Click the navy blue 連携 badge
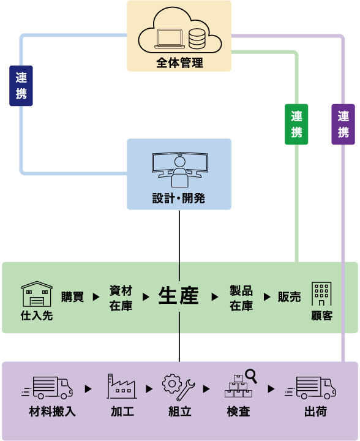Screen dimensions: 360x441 click(x=21, y=86)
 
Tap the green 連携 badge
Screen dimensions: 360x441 click(x=296, y=124)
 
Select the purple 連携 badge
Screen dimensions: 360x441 click(x=343, y=124)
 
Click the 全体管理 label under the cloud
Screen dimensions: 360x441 click(x=179, y=62)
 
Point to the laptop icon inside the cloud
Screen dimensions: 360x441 click(x=170, y=39)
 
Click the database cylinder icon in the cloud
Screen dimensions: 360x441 click(x=197, y=39)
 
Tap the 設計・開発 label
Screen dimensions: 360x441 click(x=179, y=198)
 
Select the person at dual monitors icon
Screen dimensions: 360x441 click(x=180, y=170)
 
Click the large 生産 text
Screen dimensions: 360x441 click(x=179, y=296)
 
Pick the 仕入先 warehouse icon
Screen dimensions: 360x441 click(x=37, y=293)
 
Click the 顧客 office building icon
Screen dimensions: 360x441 click(x=321, y=293)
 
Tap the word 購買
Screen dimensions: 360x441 click(x=72, y=296)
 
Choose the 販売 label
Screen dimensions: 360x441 click(x=289, y=296)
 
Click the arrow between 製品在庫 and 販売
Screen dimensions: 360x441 click(x=267, y=296)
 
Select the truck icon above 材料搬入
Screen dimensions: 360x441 click(x=47, y=388)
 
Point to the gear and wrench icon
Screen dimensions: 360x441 click(x=178, y=387)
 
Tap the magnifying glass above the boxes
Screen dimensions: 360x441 click(x=251, y=376)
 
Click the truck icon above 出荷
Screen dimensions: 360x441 click(x=310, y=388)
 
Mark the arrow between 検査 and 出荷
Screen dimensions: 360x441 click(x=271, y=389)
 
